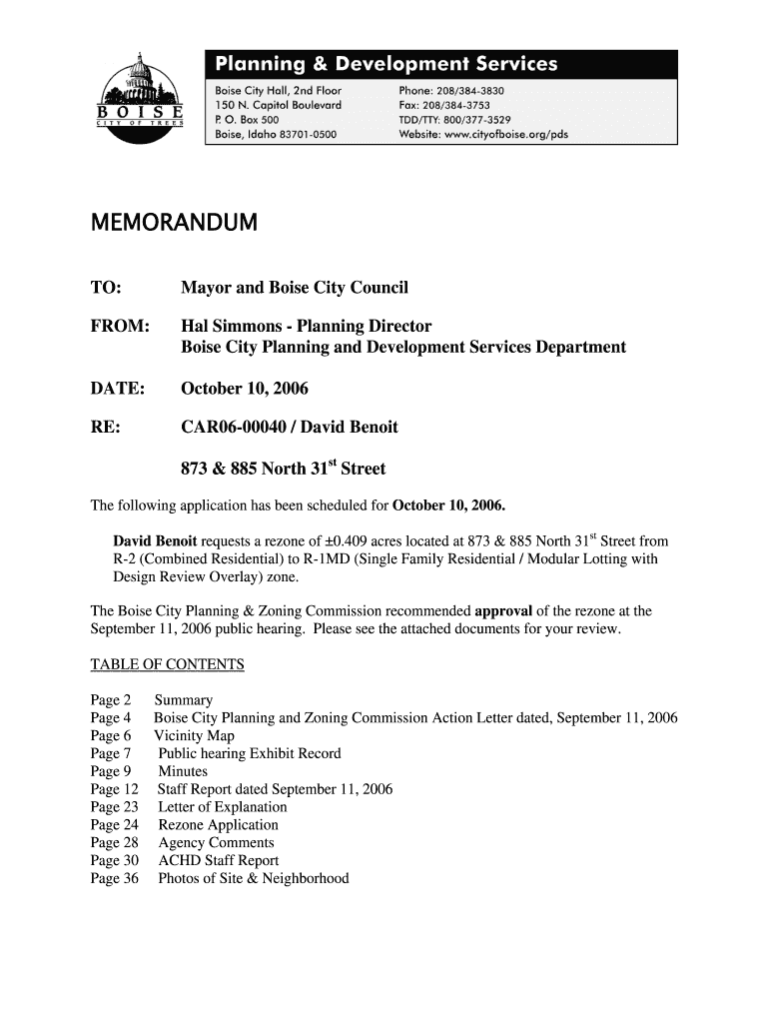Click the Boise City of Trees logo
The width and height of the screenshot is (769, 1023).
tap(140, 100)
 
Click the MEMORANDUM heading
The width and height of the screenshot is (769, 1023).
tap(174, 223)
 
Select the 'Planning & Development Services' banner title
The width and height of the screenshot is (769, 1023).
tap(385, 65)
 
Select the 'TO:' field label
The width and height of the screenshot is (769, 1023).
tap(107, 289)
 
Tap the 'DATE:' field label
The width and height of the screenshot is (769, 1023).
tap(118, 388)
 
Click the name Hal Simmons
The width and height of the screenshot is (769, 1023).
tap(236, 327)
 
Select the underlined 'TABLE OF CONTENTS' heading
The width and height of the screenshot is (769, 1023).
tap(167, 665)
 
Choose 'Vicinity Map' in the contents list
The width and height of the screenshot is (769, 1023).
tap(194, 736)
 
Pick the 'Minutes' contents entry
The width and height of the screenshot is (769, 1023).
tap(183, 772)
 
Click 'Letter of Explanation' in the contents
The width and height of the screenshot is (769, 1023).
tap(222, 807)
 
